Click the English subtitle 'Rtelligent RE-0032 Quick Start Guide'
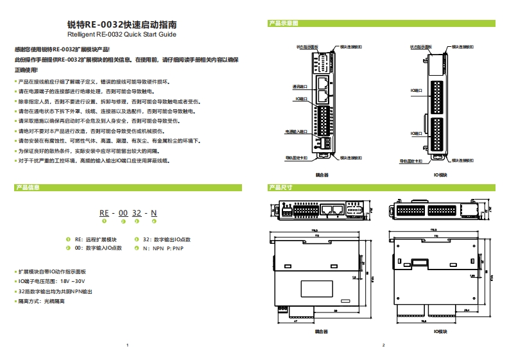121,35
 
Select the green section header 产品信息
28,188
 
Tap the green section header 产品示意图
283,24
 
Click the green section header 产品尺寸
280,188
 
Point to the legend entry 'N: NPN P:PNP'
162,247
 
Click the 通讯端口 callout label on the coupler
300,87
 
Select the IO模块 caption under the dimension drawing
440,332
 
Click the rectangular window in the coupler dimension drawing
319,288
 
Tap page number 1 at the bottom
128,345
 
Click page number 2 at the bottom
383,345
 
